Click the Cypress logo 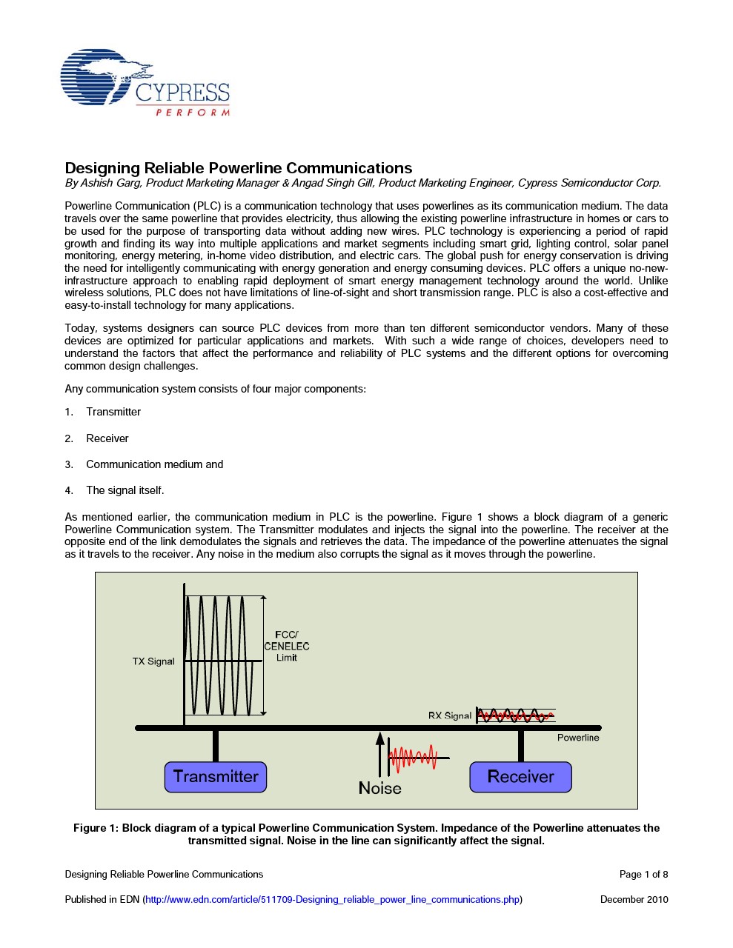click(x=145, y=83)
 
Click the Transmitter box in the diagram click(x=216, y=777)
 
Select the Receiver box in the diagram click(x=520, y=777)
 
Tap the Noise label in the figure click(x=379, y=788)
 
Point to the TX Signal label click(x=153, y=661)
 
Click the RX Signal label click(x=449, y=715)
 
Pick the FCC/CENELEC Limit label click(x=287, y=646)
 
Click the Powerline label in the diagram click(x=578, y=738)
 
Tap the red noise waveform click(x=413, y=758)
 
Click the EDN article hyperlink click(x=333, y=900)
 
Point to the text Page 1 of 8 click(x=643, y=875)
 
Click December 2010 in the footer click(x=634, y=900)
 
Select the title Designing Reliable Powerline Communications click(x=239, y=168)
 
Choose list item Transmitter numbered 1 click(x=113, y=412)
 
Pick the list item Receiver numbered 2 click(x=107, y=438)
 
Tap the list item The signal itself click(x=125, y=490)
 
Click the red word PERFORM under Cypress click(x=193, y=113)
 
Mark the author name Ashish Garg click(x=110, y=183)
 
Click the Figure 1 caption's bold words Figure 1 click(x=96, y=828)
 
